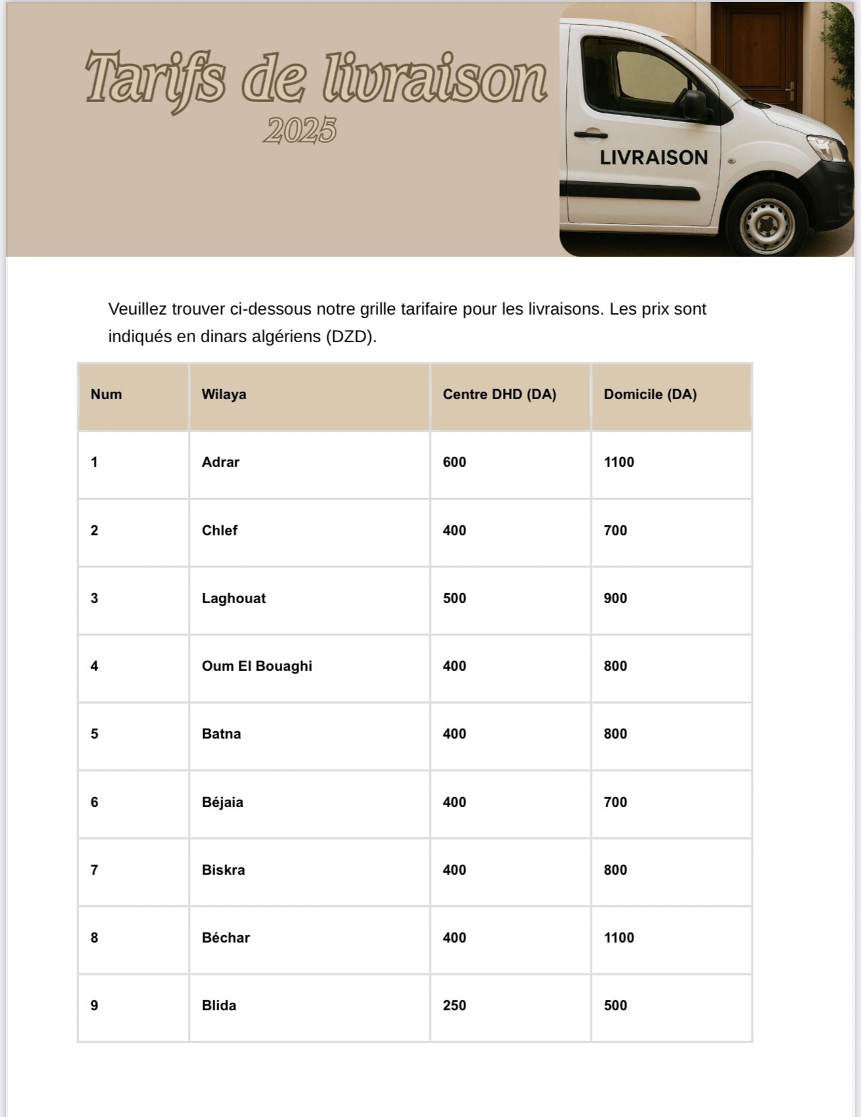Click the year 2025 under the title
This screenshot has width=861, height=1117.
299,130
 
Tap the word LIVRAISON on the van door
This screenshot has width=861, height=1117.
653,158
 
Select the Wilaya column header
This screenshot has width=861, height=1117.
224,394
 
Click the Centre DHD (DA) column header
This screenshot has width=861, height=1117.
500,394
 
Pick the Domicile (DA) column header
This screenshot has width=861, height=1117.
650,394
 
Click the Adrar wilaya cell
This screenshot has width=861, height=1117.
221,462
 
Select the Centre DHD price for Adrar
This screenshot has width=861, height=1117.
454,462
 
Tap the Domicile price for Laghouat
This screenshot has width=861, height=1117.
615,598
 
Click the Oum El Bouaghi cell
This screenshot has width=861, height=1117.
257,666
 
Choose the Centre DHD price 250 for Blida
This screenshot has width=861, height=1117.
454,1006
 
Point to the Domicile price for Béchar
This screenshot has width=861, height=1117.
618,938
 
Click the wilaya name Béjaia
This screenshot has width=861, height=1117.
223,802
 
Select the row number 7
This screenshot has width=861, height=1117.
95,870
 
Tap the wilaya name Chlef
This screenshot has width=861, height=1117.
219,531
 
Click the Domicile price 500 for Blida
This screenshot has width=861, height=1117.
615,1006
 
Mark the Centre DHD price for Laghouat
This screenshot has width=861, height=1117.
454,598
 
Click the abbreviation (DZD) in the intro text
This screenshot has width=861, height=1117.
351,337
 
